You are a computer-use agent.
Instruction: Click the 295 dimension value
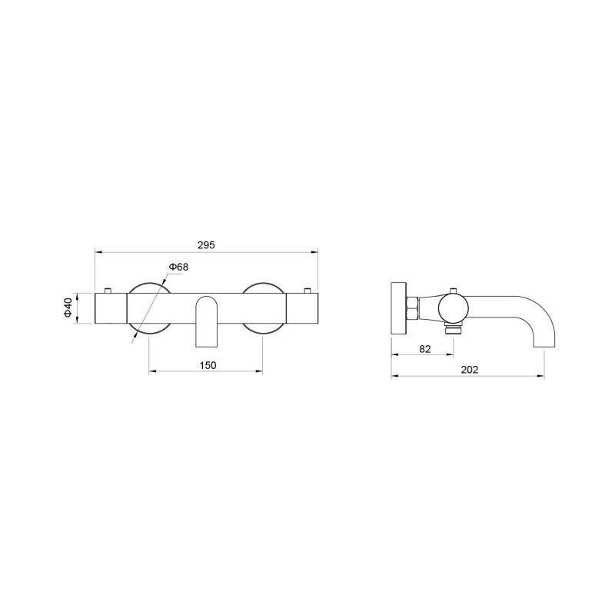(206, 245)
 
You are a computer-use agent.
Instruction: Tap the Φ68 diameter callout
(178, 267)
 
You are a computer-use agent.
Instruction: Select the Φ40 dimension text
(68, 308)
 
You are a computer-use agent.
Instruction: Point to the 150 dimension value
(208, 366)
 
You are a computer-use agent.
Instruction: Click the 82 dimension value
(425, 349)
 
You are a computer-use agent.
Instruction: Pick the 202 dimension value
(470, 370)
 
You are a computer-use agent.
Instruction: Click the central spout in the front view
(206, 321)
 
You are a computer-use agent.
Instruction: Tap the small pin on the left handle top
(108, 291)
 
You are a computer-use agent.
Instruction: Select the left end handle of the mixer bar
(111, 308)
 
